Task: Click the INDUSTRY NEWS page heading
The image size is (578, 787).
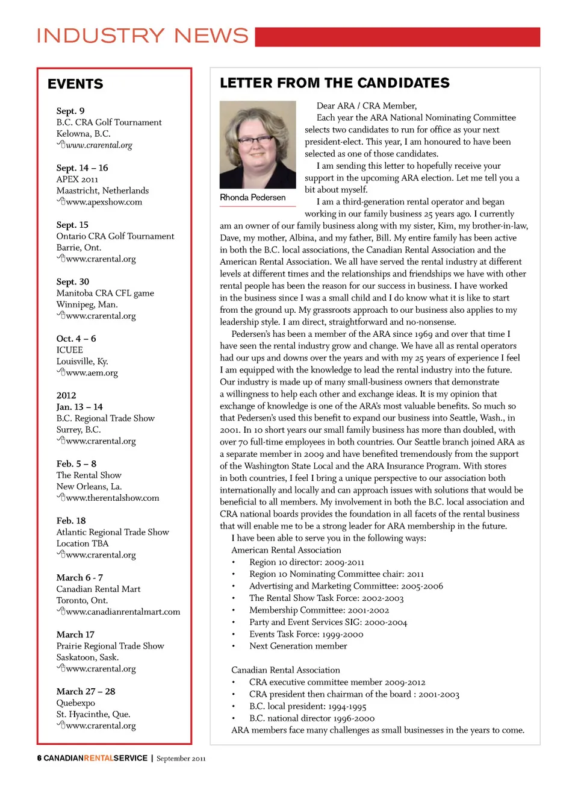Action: click(x=143, y=36)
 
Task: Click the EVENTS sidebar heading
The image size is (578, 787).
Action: click(x=75, y=84)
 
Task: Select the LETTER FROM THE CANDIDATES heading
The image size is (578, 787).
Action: click(x=335, y=83)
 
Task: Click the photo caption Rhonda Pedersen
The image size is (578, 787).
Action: click(x=253, y=198)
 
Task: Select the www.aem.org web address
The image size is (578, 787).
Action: click(x=92, y=373)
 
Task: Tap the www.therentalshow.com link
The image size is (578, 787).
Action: click(x=112, y=498)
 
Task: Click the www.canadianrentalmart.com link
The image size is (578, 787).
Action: click(x=123, y=612)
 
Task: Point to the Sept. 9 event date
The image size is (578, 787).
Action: click(x=70, y=111)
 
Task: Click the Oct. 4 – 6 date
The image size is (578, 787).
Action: click(x=76, y=339)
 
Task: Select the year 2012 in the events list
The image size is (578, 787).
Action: click(x=66, y=396)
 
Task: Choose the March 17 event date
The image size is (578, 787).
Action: click(x=75, y=635)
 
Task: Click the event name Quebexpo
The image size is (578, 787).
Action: click(x=76, y=703)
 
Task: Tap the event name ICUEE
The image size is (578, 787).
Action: click(x=70, y=350)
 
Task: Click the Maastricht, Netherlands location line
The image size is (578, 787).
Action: click(x=102, y=191)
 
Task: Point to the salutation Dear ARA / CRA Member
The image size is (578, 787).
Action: click(x=367, y=106)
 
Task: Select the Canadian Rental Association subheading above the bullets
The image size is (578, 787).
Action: click(x=285, y=670)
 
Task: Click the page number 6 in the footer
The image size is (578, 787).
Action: click(x=39, y=758)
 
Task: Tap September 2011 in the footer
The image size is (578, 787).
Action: click(x=181, y=759)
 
